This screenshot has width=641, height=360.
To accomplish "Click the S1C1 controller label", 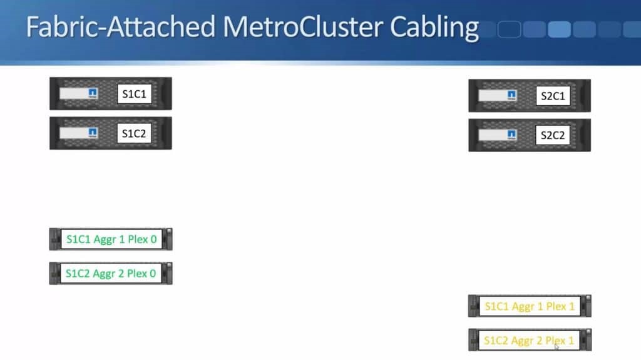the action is tap(134, 94).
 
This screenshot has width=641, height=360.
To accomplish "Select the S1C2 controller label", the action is tap(134, 133).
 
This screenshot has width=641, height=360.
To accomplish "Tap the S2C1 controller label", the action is tap(553, 96).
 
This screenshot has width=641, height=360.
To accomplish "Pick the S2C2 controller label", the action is tap(553, 135).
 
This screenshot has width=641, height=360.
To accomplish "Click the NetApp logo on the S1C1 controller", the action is tap(93, 93).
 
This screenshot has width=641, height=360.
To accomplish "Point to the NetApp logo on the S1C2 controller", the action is tap(93, 133).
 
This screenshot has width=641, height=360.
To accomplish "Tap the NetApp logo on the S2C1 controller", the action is tap(511, 95).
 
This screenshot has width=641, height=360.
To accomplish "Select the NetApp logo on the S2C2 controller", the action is tap(511, 135).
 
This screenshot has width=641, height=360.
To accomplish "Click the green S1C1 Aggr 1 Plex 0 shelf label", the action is tap(111, 239).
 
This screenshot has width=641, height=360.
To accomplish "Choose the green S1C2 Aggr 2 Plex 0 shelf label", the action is tap(111, 273).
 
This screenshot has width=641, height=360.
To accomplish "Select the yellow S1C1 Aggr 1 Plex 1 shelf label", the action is tap(530, 306).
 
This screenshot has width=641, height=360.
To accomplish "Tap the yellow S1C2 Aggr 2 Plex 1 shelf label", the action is tap(529, 341).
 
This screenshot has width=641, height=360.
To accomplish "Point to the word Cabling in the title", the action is tap(434, 28).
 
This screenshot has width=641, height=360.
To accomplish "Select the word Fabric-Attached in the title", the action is tap(121, 27).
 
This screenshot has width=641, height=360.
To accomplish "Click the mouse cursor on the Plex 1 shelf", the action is tap(556, 346).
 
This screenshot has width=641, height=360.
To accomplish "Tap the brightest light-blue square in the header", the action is tap(559, 29).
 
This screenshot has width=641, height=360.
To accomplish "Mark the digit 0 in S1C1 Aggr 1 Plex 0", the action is tap(154, 239).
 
